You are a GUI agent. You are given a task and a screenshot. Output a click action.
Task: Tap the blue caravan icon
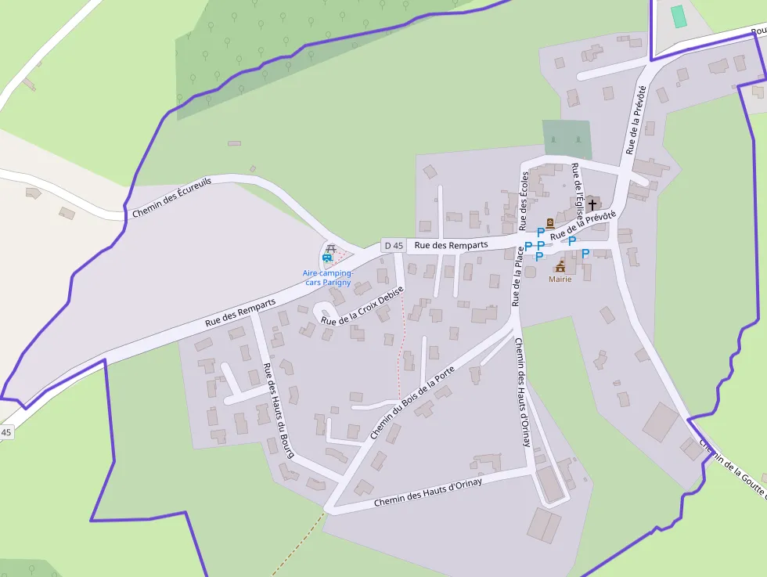pyautogui.click(x=327, y=258)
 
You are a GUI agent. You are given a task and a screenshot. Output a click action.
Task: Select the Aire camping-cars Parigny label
pyautogui.click(x=328, y=278)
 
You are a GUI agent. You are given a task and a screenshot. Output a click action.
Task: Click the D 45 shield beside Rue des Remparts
pyautogui.click(x=394, y=246)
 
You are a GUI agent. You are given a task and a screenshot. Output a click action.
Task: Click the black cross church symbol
pyautogui.click(x=592, y=204)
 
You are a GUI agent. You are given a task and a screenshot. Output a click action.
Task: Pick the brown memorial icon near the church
pyautogui.click(x=549, y=224)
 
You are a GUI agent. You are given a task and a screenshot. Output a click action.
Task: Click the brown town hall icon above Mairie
pyautogui.click(x=560, y=266)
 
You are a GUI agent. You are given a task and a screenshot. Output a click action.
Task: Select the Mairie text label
pyautogui.click(x=560, y=279)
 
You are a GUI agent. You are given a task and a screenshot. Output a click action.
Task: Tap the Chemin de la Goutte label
pyautogui.click(x=733, y=467)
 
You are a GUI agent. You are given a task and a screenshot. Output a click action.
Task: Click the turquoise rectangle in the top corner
pyautogui.click(x=678, y=16)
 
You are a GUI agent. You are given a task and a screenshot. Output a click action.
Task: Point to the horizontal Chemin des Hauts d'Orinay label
pyautogui.click(x=427, y=492)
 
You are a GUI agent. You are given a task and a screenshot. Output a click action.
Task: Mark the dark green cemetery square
pyautogui.click(x=567, y=138)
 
